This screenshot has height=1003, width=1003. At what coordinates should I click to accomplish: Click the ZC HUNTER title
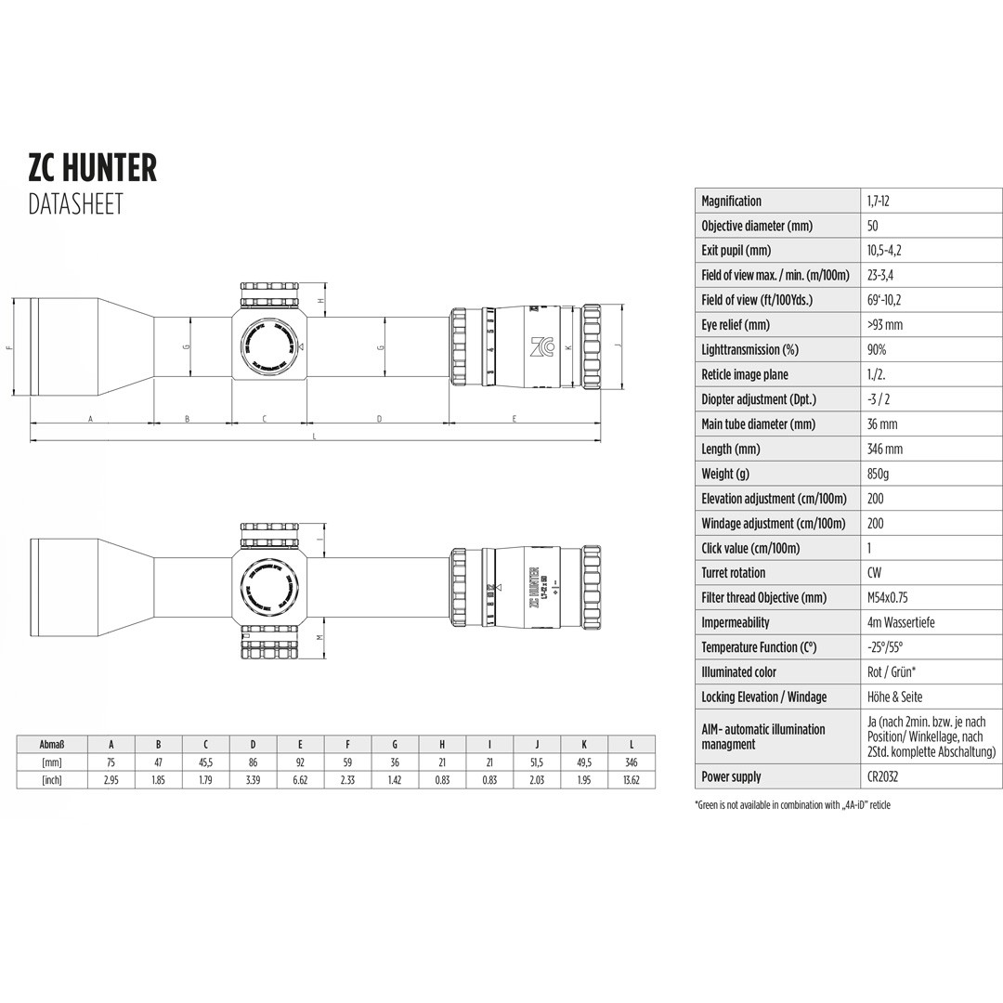pyautogui.click(x=93, y=168)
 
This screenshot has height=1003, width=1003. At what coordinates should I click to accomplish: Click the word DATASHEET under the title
pyautogui.click(x=75, y=204)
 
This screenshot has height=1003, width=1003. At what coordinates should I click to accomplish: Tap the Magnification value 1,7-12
pyautogui.click(x=879, y=201)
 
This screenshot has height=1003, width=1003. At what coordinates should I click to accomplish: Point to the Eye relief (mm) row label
pyautogui.click(x=736, y=325)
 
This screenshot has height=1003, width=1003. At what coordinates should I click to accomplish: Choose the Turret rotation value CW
pyautogui.click(x=875, y=573)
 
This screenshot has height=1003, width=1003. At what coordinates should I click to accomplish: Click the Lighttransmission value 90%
pyautogui.click(x=877, y=350)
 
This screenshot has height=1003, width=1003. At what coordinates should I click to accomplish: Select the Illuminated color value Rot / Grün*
pyautogui.click(x=894, y=672)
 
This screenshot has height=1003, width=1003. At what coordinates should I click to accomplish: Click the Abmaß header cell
pyautogui.click(x=52, y=745)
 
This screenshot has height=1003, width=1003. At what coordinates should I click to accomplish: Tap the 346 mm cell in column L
pyautogui.click(x=632, y=762)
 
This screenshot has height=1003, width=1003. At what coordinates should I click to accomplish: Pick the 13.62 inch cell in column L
pyautogui.click(x=632, y=780)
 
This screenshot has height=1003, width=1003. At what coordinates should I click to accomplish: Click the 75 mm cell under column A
pyautogui.click(x=111, y=762)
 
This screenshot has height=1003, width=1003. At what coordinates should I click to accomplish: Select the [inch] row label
pyautogui.click(x=52, y=780)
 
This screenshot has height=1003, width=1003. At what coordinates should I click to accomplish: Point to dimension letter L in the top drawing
pyautogui.click(x=315, y=436)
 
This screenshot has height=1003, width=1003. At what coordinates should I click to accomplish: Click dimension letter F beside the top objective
pyautogui.click(x=8, y=347)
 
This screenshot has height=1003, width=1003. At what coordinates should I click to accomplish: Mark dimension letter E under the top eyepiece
pyautogui.click(x=514, y=419)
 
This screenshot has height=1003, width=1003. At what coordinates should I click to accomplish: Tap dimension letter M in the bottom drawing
pyautogui.click(x=319, y=637)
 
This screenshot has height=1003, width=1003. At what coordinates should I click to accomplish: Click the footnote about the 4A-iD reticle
pyautogui.click(x=792, y=805)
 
